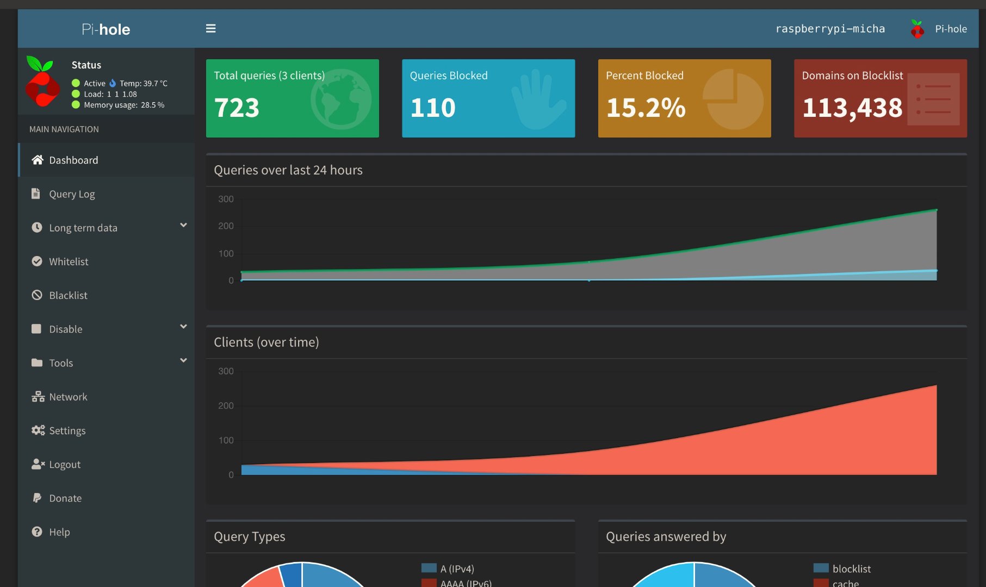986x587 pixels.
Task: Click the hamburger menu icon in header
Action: pyautogui.click(x=210, y=29)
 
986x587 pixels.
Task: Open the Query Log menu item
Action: pyautogui.click(x=71, y=194)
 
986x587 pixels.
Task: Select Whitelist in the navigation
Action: pyautogui.click(x=69, y=261)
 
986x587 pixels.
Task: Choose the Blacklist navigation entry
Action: pyautogui.click(x=68, y=295)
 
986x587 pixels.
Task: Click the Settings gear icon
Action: pyautogui.click(x=38, y=430)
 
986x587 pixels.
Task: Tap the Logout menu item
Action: pyautogui.click(x=64, y=464)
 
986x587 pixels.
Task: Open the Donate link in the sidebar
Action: pyautogui.click(x=65, y=498)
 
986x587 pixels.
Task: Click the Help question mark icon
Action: pyautogui.click(x=37, y=532)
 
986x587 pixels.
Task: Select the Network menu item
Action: pyautogui.click(x=68, y=397)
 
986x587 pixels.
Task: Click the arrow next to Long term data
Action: pyautogui.click(x=183, y=225)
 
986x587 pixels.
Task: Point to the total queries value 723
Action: pyautogui.click(x=237, y=108)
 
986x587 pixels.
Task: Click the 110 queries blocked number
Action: pyautogui.click(x=432, y=108)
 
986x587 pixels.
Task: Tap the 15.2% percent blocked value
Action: pyautogui.click(x=646, y=108)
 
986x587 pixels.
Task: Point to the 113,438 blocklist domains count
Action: pyautogui.click(x=852, y=108)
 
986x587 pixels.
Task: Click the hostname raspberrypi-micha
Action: pyautogui.click(x=830, y=29)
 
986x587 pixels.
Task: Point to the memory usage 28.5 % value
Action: pyautogui.click(x=152, y=105)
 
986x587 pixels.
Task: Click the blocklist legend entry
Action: pyautogui.click(x=851, y=569)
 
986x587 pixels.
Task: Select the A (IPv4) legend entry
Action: pyautogui.click(x=457, y=569)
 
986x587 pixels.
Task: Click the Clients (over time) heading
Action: pyautogui.click(x=266, y=342)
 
